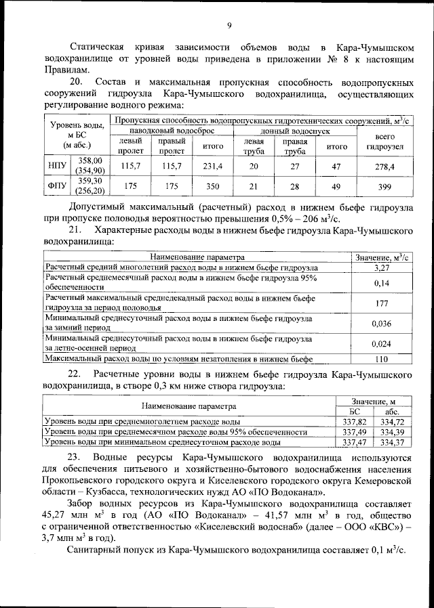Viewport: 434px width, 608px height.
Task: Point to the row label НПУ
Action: pyautogui.click(x=56, y=165)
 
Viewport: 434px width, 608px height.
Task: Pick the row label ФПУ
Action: pyautogui.click(x=56, y=186)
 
